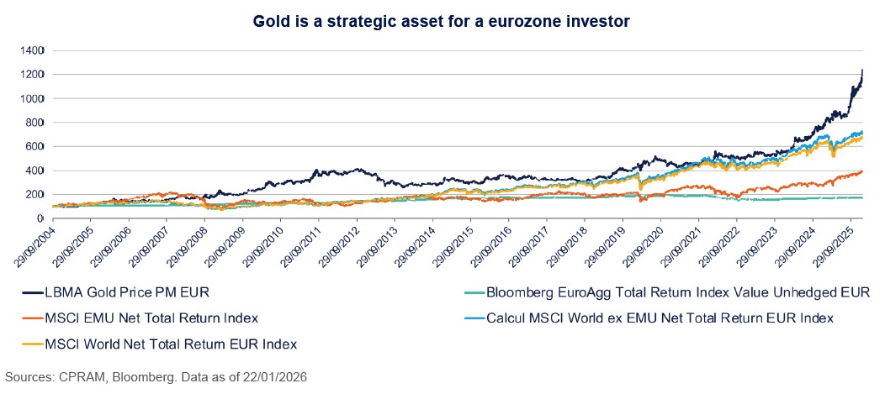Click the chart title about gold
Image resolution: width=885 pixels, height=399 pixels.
(442, 19)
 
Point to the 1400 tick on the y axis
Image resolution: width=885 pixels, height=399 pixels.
(33, 50)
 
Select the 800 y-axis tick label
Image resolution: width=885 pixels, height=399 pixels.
(35, 122)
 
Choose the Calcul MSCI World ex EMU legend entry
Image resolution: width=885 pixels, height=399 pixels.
(656, 318)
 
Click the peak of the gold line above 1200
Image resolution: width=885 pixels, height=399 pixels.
(862, 71)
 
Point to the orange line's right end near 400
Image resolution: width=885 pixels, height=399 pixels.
(862, 171)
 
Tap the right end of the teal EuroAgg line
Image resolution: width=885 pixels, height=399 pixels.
(862, 197)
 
